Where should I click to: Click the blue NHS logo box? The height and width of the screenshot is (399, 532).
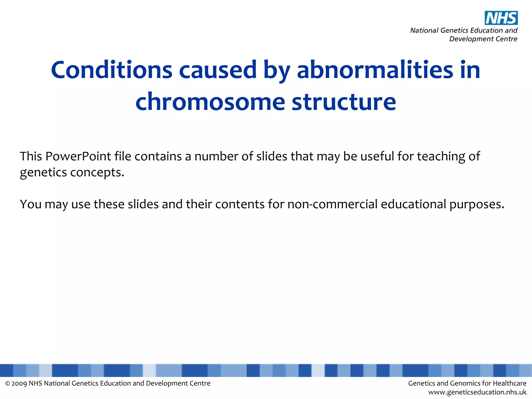point(501,18)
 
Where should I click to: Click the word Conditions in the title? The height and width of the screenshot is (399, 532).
point(112,70)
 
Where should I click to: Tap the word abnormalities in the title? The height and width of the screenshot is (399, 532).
point(375,70)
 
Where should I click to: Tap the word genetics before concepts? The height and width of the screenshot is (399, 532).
point(43,172)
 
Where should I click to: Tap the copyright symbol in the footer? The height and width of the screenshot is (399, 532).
point(8,384)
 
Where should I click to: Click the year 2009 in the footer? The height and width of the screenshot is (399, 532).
point(19,384)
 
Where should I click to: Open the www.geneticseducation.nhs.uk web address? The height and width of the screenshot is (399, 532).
point(477,392)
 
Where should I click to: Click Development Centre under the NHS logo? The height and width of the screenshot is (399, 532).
point(483,39)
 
